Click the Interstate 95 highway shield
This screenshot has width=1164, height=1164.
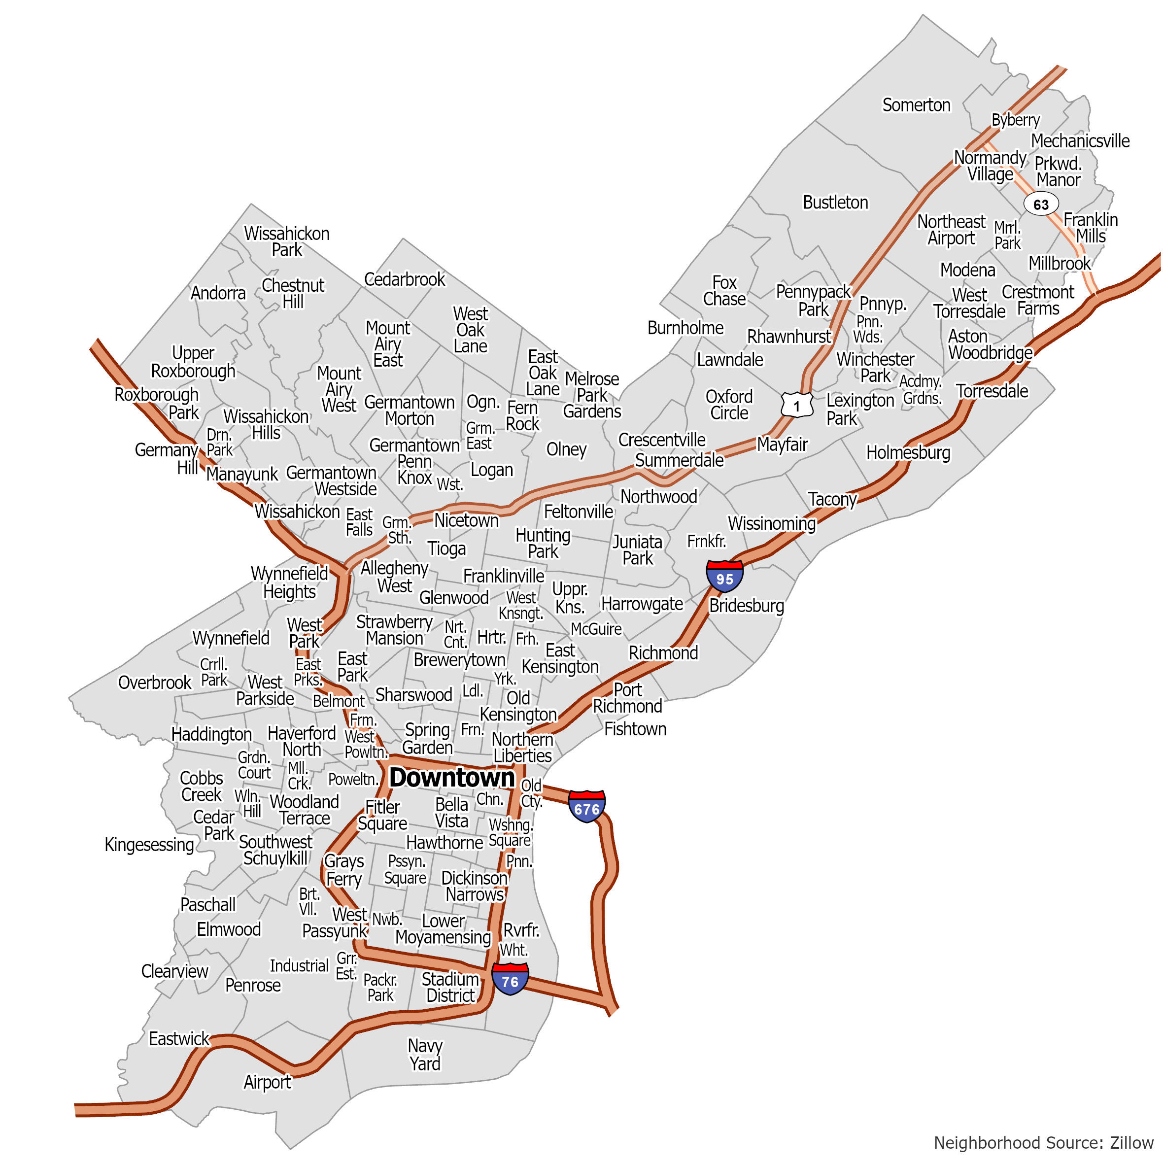pos(724,577)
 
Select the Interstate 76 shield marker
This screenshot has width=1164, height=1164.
pos(510,980)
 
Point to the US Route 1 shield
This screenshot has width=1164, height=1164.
pos(796,406)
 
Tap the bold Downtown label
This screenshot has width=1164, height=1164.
pos(452,778)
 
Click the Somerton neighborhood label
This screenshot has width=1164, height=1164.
pos(916,105)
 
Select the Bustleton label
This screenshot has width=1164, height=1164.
pos(835,203)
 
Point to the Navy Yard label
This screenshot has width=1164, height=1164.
pos(425,1054)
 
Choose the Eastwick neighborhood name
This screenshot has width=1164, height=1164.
pos(179,1039)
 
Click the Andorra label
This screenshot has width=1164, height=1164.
pos(218,293)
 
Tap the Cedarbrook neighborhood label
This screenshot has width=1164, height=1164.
pos(404,279)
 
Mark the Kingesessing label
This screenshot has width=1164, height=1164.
pos(149,845)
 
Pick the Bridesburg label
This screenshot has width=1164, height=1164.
pos(746,606)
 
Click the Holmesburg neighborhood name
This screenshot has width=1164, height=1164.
pos(908,452)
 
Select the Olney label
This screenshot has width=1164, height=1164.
pos(566,449)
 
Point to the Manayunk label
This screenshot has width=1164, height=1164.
pos(241,474)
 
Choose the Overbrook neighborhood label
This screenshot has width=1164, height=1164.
pos(154,683)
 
